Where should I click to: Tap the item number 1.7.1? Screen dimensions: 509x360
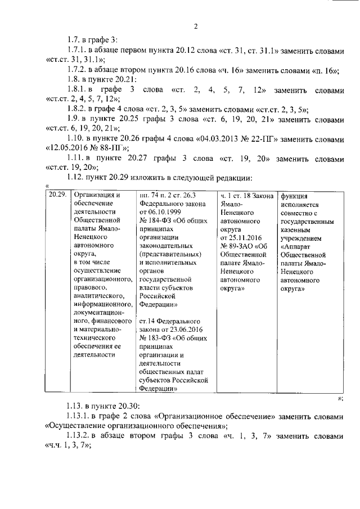75,49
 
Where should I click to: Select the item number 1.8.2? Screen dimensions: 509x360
75,109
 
